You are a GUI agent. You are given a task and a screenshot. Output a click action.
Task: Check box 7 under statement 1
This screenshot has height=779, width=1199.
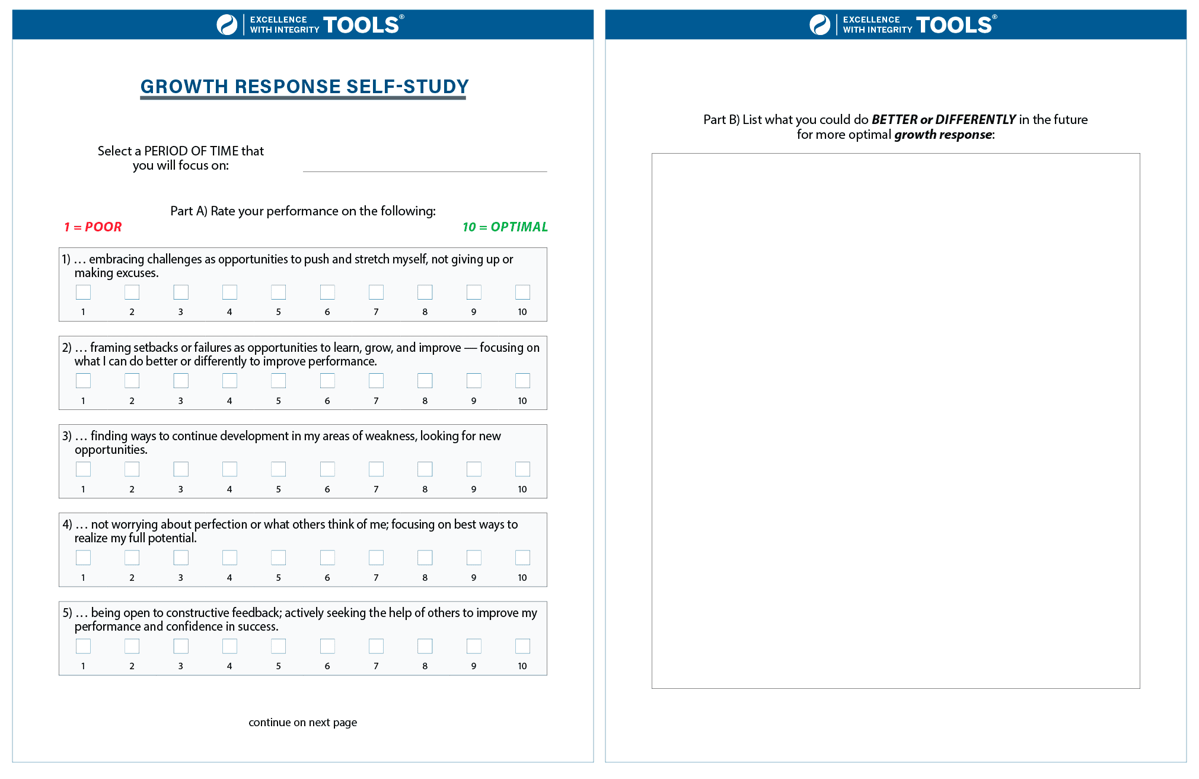click(376, 292)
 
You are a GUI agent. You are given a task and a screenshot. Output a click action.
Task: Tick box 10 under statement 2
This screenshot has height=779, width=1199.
click(522, 380)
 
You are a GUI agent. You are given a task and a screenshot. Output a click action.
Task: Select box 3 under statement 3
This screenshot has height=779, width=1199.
click(181, 469)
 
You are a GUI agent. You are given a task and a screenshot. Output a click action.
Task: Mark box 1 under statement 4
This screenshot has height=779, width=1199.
click(83, 557)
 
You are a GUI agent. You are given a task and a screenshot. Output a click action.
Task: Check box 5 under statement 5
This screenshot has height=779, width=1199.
click(278, 646)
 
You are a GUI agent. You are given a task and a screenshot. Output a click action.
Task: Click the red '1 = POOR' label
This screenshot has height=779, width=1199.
click(93, 227)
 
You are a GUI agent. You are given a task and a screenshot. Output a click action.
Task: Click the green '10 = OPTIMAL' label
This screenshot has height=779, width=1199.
click(505, 227)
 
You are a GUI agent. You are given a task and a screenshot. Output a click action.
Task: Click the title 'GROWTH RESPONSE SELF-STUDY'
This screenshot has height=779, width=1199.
click(304, 87)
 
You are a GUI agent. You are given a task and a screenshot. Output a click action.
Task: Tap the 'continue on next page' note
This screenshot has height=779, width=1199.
click(302, 722)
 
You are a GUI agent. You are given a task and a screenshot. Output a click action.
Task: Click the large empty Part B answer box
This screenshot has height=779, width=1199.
click(895, 421)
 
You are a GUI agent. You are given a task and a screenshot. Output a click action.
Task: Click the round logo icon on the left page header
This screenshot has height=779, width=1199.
click(227, 24)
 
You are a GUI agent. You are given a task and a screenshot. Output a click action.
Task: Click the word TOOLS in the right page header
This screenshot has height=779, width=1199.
click(954, 25)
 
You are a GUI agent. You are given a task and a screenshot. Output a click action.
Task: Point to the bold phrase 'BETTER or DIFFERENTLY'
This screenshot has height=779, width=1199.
click(943, 119)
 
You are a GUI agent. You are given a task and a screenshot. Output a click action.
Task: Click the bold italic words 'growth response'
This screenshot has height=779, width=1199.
click(943, 135)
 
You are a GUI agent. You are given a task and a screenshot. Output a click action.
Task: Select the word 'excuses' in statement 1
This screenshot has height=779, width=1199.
click(139, 273)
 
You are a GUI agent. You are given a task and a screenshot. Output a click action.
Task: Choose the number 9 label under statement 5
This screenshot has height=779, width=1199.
click(473, 666)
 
